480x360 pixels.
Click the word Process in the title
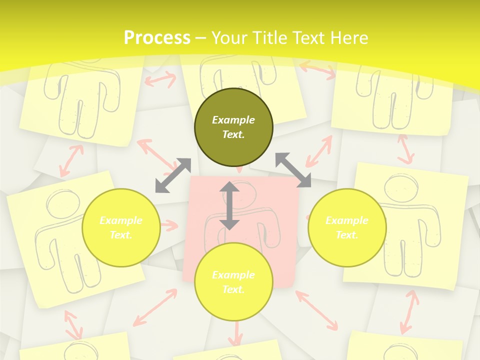tap(157, 37)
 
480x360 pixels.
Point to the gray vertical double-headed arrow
tap(229, 206)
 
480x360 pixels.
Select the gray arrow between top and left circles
tap(173, 175)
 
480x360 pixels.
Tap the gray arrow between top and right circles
tap(293, 170)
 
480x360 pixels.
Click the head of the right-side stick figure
tap(401, 188)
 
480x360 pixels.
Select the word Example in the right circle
tap(347, 220)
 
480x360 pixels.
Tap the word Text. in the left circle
tap(121, 235)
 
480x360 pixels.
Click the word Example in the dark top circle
tap(233, 120)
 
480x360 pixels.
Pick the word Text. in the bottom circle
tap(233, 289)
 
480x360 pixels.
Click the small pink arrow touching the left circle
tap(169, 225)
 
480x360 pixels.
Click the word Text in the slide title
tap(310, 37)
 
